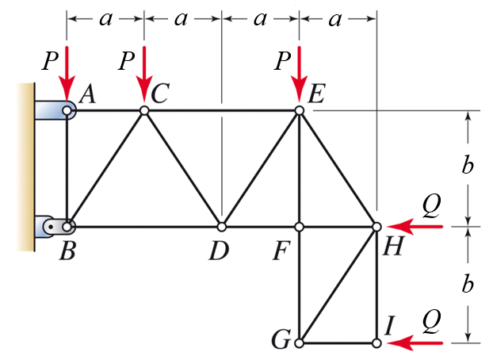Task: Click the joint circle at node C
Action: tap(144, 111)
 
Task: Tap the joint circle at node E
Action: tap(300, 111)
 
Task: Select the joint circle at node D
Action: tap(222, 227)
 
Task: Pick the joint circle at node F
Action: tap(300, 227)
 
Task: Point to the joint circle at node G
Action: tap(300, 343)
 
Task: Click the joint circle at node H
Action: tap(376, 227)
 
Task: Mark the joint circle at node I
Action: tap(376, 343)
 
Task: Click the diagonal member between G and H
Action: tap(338, 285)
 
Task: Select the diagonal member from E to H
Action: tap(338, 169)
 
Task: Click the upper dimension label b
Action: tap(468, 167)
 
